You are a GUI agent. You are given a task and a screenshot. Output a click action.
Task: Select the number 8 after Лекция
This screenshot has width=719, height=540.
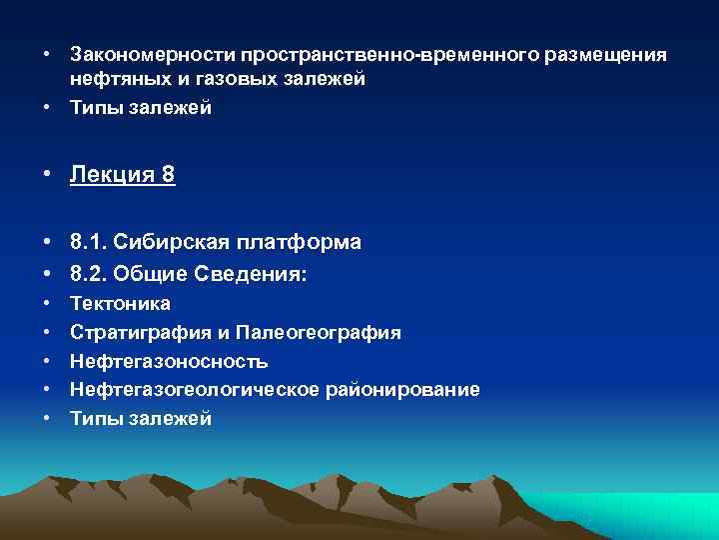click(168, 176)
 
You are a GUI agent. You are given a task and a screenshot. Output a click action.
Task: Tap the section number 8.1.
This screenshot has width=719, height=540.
click(89, 243)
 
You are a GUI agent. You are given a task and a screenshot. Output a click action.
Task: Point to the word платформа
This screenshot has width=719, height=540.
click(299, 243)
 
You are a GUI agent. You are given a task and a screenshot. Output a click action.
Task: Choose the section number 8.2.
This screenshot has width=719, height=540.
click(89, 273)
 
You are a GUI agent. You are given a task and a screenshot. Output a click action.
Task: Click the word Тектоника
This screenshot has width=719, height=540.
click(120, 303)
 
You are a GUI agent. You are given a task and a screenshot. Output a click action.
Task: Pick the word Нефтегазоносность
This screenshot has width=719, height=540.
click(169, 361)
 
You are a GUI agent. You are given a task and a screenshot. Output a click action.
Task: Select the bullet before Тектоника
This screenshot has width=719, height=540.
click(47, 303)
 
